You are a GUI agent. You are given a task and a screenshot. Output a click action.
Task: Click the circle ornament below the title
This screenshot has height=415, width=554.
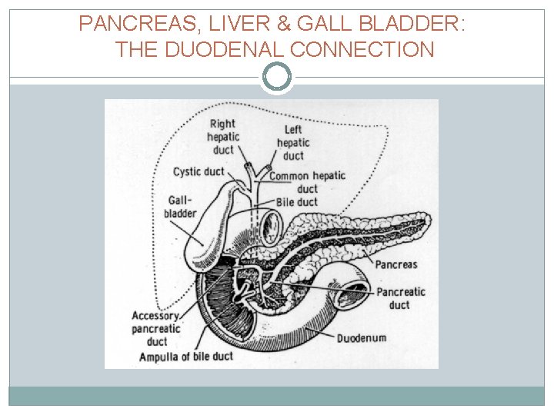pyautogui.click(x=277, y=77)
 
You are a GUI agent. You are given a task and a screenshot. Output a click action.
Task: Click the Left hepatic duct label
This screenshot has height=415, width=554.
pyautogui.click(x=292, y=143)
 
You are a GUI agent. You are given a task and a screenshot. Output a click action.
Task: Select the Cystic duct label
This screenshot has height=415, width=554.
pyautogui.click(x=199, y=172)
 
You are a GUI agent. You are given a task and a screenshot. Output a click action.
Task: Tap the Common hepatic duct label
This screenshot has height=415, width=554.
pyautogui.click(x=307, y=182)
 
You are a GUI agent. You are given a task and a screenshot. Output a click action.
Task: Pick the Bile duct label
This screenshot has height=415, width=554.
pyautogui.click(x=296, y=202)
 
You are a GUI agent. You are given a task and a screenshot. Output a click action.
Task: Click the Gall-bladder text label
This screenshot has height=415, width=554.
pyautogui.click(x=180, y=206)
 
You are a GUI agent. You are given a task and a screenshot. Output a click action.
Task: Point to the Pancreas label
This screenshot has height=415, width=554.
pyautogui.click(x=396, y=264)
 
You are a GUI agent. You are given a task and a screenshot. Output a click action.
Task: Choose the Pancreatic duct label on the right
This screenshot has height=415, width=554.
pyautogui.click(x=400, y=298)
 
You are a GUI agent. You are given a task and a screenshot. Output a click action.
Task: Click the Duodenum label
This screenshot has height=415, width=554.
pyautogui.click(x=362, y=337)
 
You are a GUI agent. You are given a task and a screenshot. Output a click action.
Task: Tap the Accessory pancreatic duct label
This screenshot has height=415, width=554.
pyautogui.click(x=156, y=329)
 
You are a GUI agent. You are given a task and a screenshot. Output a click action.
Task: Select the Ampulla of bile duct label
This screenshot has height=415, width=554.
pyautogui.click(x=185, y=357)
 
